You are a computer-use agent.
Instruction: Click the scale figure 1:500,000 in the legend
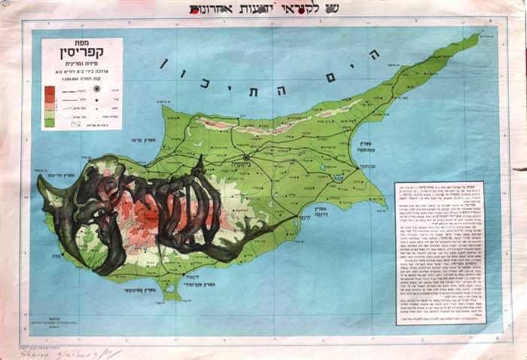point(82,76)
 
